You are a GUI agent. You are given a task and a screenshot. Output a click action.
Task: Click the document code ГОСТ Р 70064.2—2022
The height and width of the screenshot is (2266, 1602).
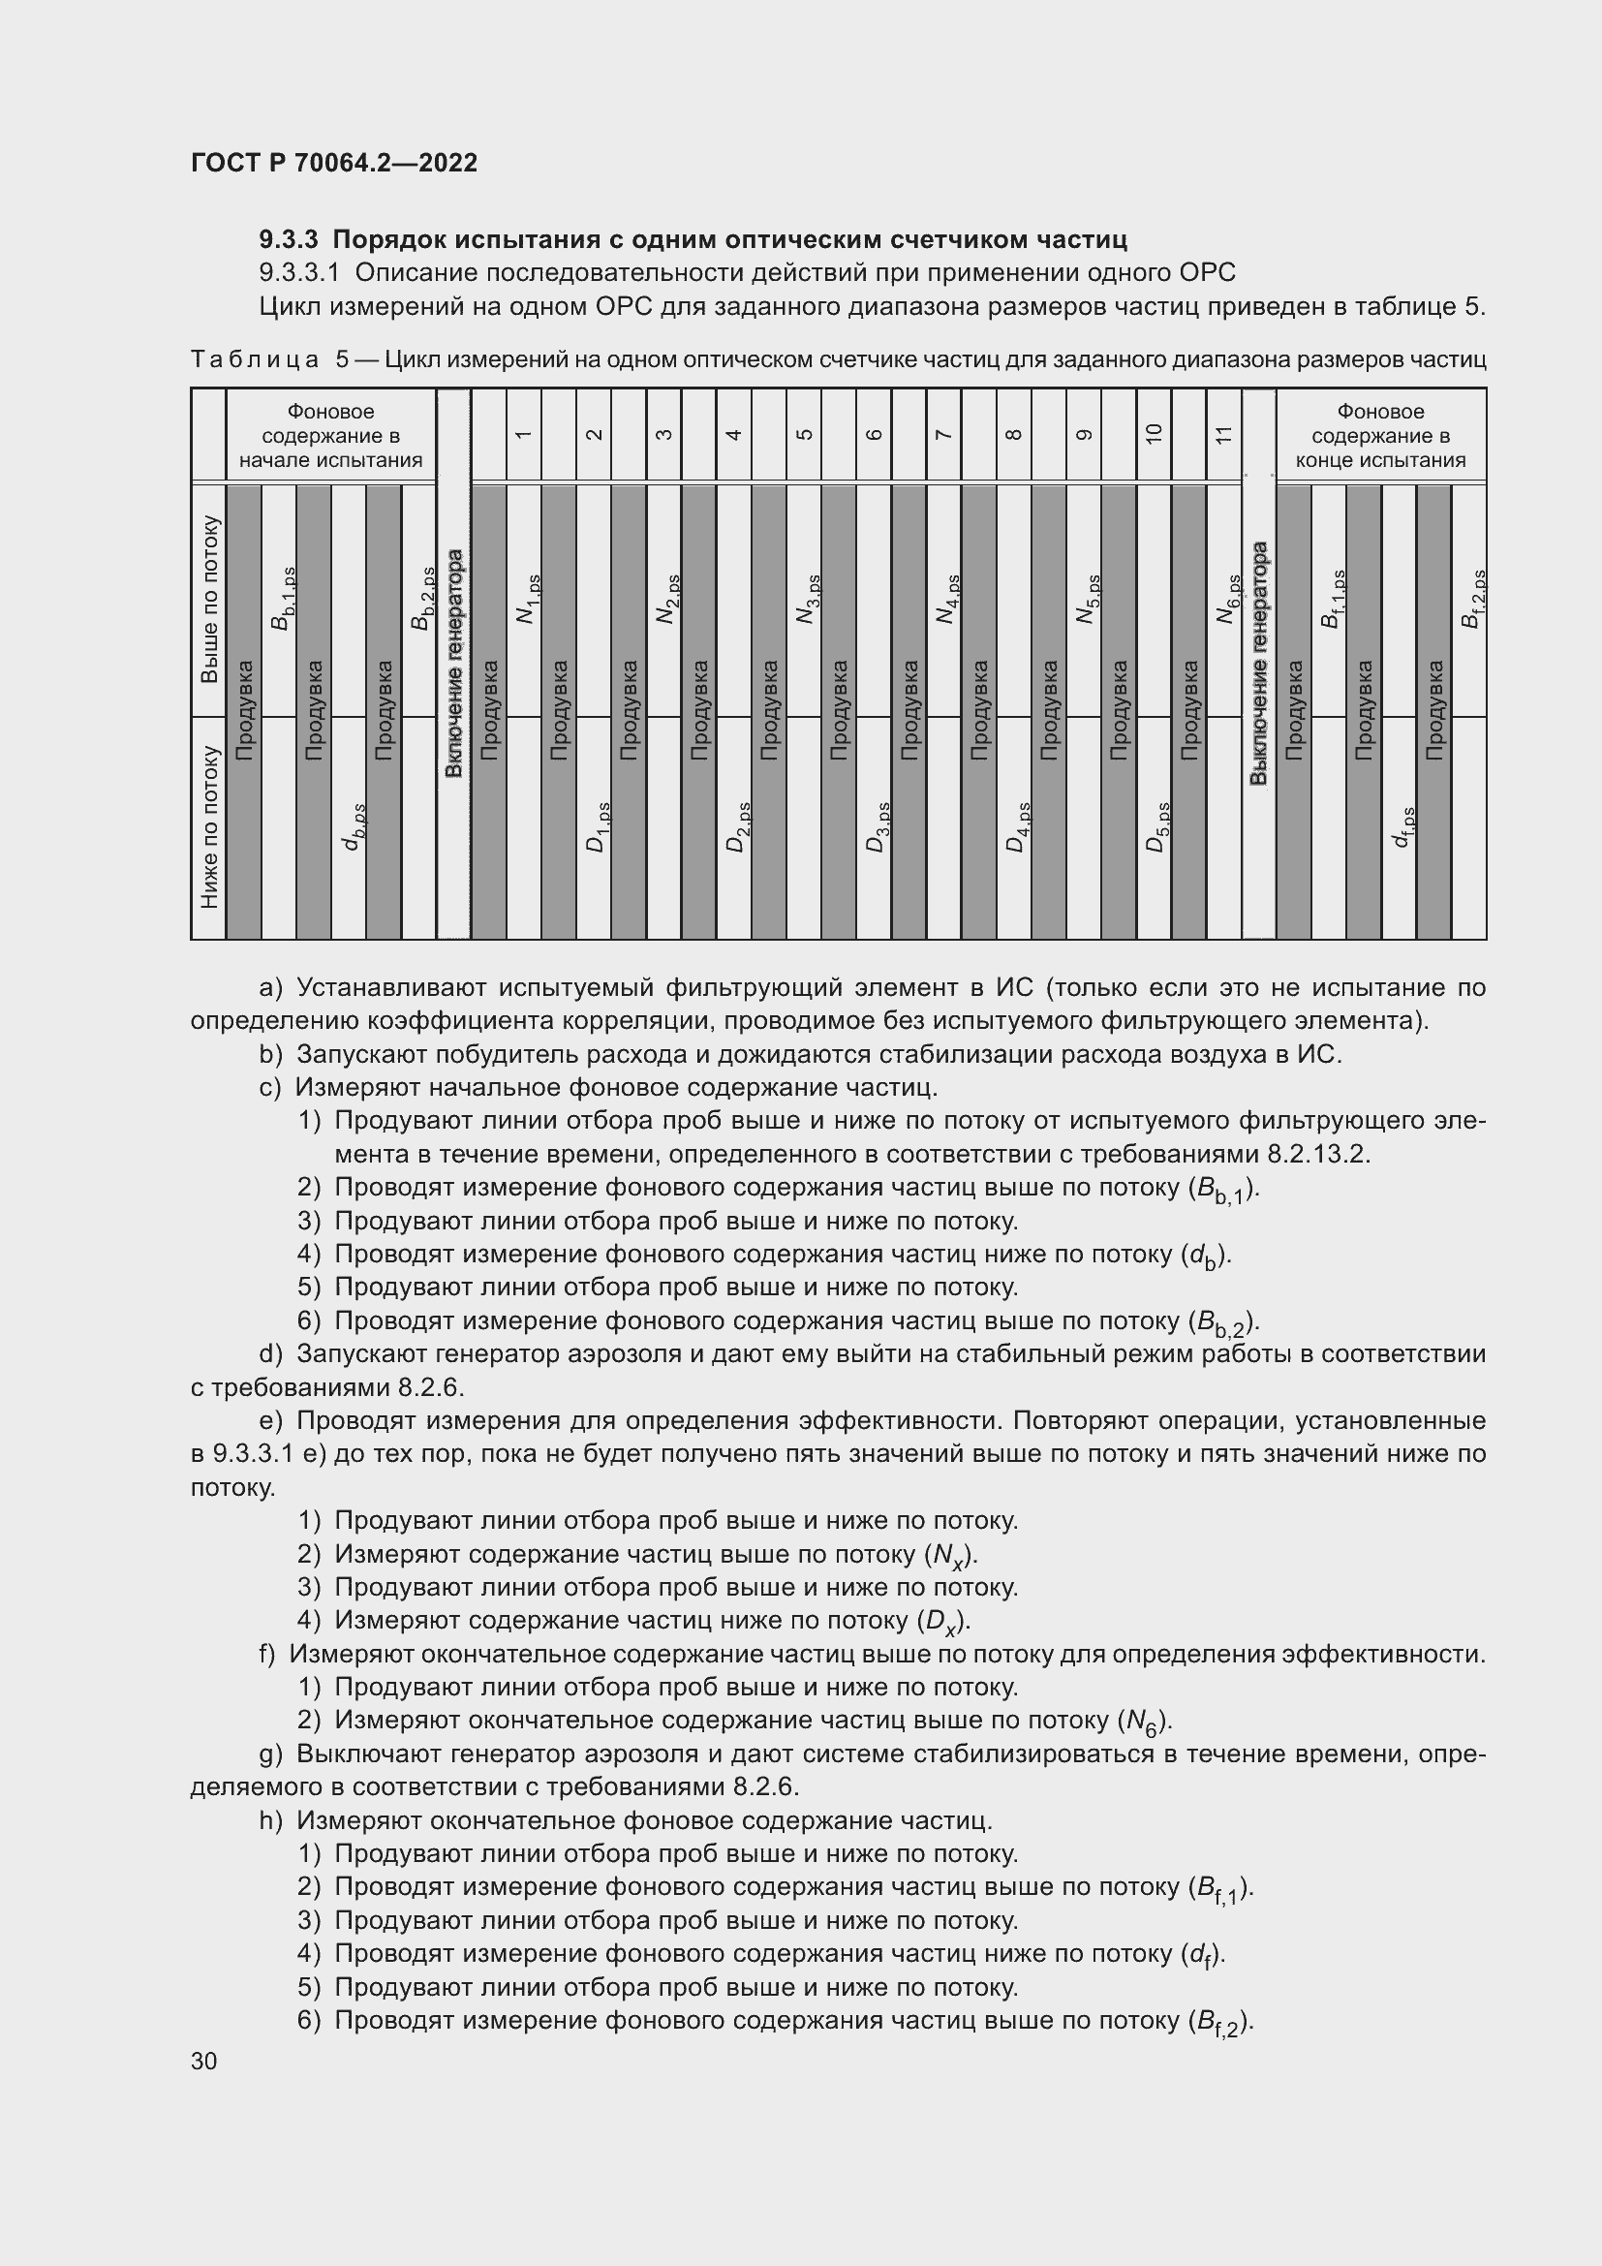pos(333,163)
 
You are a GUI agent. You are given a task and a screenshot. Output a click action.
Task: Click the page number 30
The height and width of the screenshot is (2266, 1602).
pos(204,2061)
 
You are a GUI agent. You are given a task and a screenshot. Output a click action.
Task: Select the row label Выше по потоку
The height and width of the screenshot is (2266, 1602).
pos(209,599)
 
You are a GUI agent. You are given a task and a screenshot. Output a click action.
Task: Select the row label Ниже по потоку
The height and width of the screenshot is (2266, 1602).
pos(209,826)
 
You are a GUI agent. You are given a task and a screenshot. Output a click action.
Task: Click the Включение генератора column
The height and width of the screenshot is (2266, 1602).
pos(453,663)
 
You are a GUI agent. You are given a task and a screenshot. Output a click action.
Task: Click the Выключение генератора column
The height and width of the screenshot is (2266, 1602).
pos(1259,663)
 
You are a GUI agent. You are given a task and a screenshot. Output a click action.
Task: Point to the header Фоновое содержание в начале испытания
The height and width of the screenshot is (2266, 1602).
pos(330,435)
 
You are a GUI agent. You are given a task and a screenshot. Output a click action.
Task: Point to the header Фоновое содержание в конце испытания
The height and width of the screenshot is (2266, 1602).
pos(1380,435)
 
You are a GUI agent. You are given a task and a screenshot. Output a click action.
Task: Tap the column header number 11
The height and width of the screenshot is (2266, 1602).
pos(1223,434)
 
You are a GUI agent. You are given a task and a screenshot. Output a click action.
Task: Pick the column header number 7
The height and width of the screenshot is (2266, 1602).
pos(943,434)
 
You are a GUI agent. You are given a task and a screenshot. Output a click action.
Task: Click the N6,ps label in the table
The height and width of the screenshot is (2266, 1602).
pos(1227,599)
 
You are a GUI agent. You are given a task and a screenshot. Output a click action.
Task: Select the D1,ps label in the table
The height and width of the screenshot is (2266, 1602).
pos(597,827)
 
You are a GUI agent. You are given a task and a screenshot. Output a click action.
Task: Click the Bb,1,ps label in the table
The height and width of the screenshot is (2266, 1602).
pos(282,598)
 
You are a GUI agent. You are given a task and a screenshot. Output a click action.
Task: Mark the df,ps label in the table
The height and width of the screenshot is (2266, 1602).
pos(1402,827)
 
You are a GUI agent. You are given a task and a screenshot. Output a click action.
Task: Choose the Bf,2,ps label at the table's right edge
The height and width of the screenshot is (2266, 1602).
pos(1472,598)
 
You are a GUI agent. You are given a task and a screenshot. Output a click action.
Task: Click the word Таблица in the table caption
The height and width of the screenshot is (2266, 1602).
pos(255,359)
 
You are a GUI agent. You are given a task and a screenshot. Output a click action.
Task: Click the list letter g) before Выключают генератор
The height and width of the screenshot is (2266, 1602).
pos(271,1754)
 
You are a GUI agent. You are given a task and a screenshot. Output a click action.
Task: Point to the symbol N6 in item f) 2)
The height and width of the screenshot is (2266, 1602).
pos(1143,1722)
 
